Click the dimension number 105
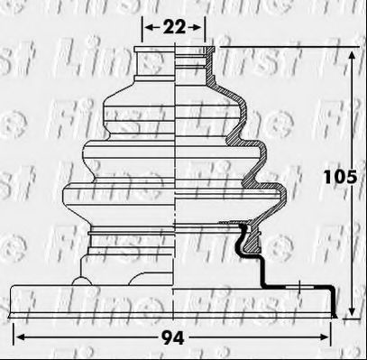pyautogui.click(x=340, y=177)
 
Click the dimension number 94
pyautogui.click(x=173, y=338)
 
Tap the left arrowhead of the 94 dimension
pyautogui.click(x=19, y=337)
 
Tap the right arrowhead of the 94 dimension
pyautogui.click(x=325, y=337)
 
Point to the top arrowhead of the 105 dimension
pyautogui.click(x=352, y=55)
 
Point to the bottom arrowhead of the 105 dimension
pyautogui.click(x=352, y=310)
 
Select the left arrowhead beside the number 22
pyautogui.click(x=150, y=28)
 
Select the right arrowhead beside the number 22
pyautogui.click(x=197, y=28)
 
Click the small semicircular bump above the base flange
pyautogui.click(x=81, y=281)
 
